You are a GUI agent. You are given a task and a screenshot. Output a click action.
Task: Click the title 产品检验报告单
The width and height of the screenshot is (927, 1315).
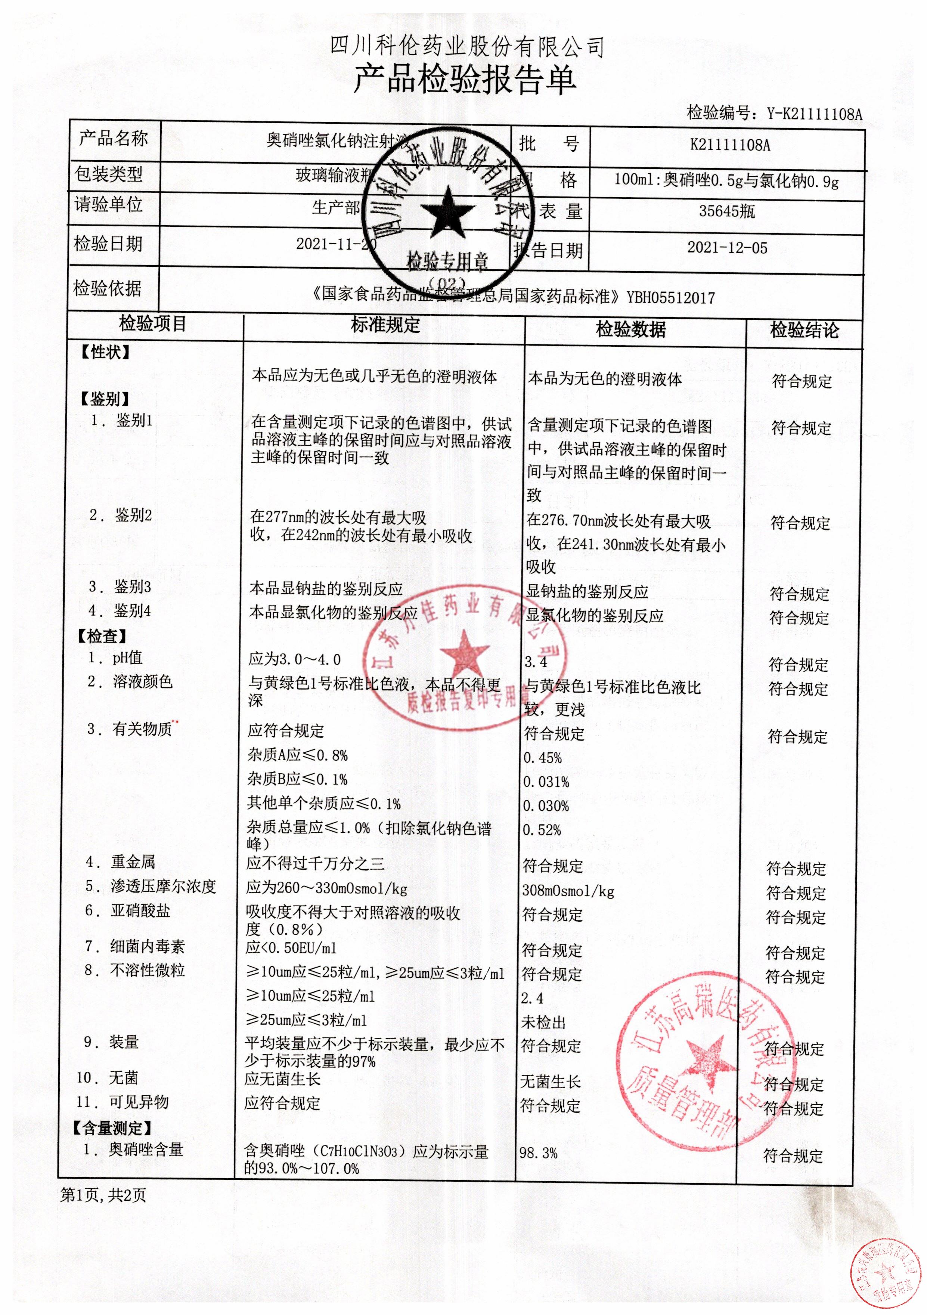point(464,80)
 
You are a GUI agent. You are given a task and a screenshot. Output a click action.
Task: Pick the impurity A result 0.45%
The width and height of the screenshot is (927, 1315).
point(542,758)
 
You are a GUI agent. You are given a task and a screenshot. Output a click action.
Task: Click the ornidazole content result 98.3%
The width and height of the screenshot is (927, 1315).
point(538,1153)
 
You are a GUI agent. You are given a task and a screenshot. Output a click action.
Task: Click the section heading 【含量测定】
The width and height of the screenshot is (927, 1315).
point(112,1128)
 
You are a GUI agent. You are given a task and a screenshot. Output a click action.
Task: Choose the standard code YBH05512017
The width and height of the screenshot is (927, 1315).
point(670,298)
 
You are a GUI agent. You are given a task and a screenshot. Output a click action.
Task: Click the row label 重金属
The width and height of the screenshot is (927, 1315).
point(133,862)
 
